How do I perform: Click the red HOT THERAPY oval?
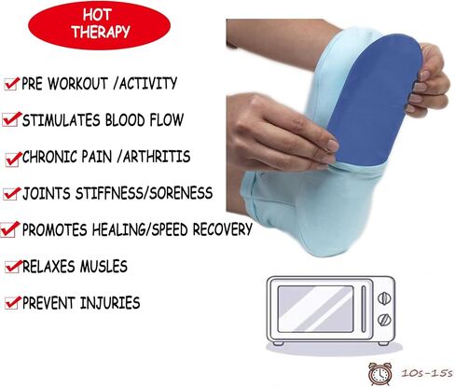click(99, 25)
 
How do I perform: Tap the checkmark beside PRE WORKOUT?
click(12, 84)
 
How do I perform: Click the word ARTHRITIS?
click(157, 157)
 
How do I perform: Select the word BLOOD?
click(125, 120)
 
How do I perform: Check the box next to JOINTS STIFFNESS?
click(12, 194)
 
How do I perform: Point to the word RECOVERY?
click(223, 229)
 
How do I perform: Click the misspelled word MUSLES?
click(103, 267)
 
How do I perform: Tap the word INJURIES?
click(110, 303)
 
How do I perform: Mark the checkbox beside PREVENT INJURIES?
click(13, 303)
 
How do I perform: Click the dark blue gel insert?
click(375, 100)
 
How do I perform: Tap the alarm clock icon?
click(379, 374)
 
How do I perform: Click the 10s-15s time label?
click(427, 373)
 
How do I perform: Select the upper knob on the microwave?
click(384, 298)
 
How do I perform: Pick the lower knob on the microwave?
click(384, 320)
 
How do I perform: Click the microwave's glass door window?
click(315, 309)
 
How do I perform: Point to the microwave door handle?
click(364, 309)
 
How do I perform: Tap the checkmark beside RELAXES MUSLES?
click(13, 267)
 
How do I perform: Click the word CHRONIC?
click(49, 157)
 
